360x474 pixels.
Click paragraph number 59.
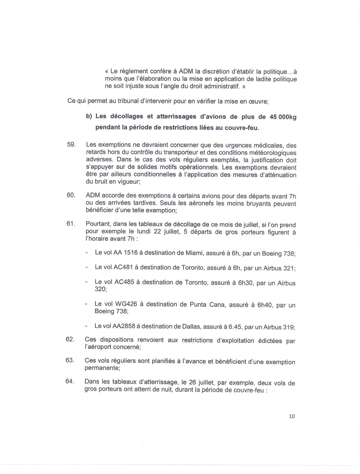(x=71, y=144)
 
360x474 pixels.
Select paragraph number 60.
(x=71, y=195)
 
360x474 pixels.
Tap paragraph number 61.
(x=71, y=223)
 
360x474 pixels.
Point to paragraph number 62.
(x=70, y=339)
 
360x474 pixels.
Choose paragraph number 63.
(x=70, y=360)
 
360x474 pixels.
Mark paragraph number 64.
(x=70, y=381)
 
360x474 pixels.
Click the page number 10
(x=292, y=416)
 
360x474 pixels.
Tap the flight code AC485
(x=124, y=282)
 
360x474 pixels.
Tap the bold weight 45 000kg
(x=281, y=117)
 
